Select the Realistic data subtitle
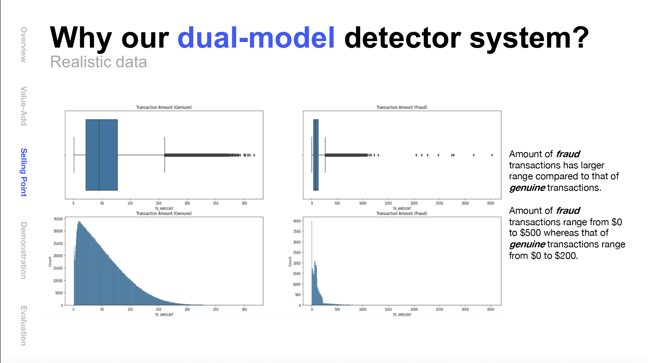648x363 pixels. [98, 62]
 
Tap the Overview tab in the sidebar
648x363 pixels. [24, 45]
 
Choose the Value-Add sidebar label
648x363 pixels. [24, 106]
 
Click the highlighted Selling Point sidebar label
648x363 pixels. [24, 172]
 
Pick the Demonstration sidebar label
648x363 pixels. [24, 250]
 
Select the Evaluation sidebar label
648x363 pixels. [24, 326]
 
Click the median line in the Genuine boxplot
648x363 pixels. [99, 155]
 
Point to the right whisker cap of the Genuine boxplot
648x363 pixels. [164, 155]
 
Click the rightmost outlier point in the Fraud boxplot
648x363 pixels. [492, 155]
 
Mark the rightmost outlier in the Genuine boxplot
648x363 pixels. [254, 155]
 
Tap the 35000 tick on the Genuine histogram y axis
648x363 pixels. [58, 219]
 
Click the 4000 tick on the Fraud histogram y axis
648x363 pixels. [297, 221]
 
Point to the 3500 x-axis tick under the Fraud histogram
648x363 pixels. [490, 309]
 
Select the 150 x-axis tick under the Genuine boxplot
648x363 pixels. [158, 203]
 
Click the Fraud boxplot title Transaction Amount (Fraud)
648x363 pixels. [402, 107]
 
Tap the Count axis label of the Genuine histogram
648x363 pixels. [50, 261]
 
